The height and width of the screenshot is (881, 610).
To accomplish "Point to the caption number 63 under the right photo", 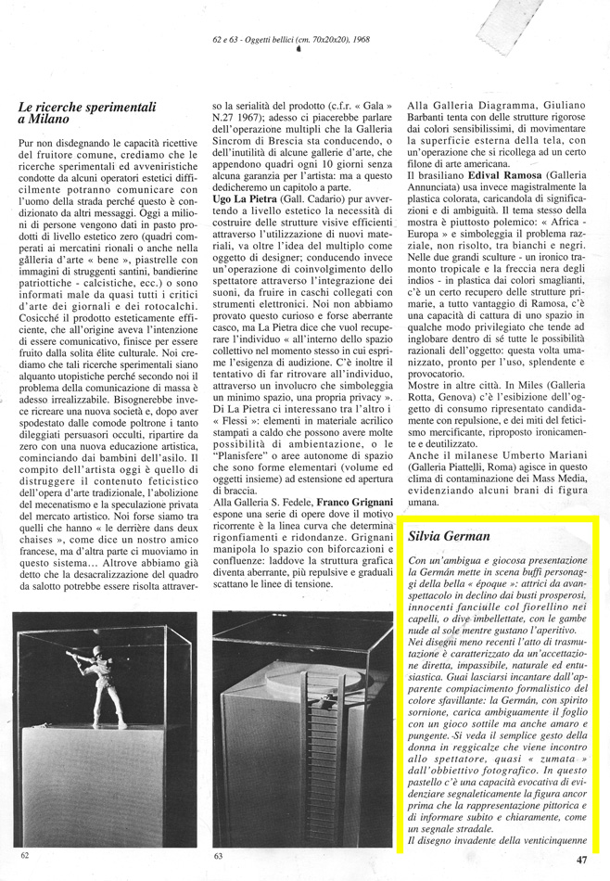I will (220, 855).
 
